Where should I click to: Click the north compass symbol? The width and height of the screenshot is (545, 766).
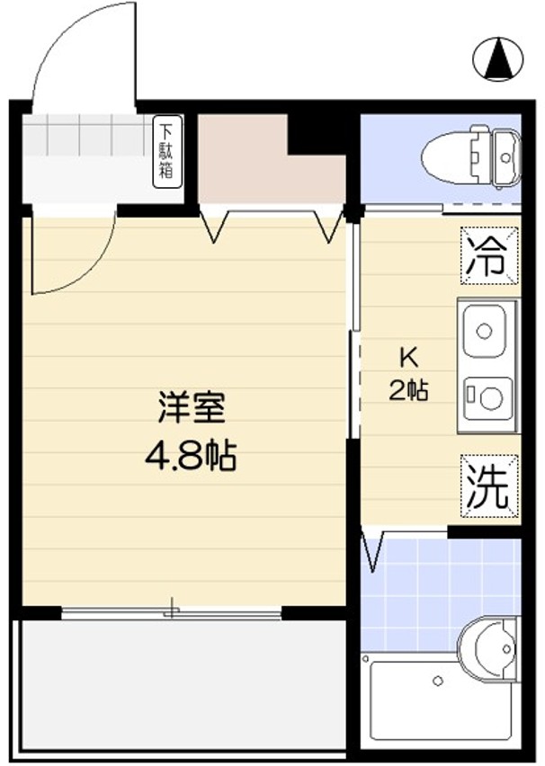coord(497,59)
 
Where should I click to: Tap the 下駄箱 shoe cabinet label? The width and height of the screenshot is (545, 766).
coord(167,151)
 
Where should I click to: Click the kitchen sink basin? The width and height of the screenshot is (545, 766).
coord(486,331)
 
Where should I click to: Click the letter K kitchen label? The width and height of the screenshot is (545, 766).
coord(408,357)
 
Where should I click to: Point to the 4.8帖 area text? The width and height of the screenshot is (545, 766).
coord(191,457)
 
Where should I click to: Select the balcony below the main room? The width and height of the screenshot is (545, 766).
coord(180,683)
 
